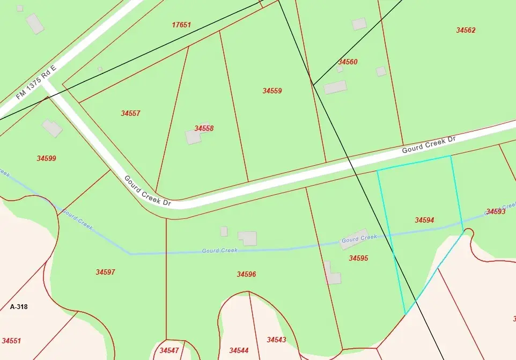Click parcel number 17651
pos(181,25)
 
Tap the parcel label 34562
pos(466,31)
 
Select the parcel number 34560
pos(348,62)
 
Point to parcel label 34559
pos(272,91)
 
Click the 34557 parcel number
pos(130,113)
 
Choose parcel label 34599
pos(46,158)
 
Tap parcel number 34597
pos(105,272)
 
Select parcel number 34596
pos(246,274)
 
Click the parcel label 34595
pos(358,258)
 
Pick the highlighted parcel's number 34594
pos(424,220)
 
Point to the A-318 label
pos(19,307)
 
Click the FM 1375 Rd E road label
pos(36,83)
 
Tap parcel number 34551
pos(11,341)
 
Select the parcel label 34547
pos(169,350)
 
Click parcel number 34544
pos(239,350)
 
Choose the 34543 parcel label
pos(276,340)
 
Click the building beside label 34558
pos(193,137)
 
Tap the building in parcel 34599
pos(53,128)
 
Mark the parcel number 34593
pos(496,211)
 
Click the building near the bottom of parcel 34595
pos(333,278)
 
